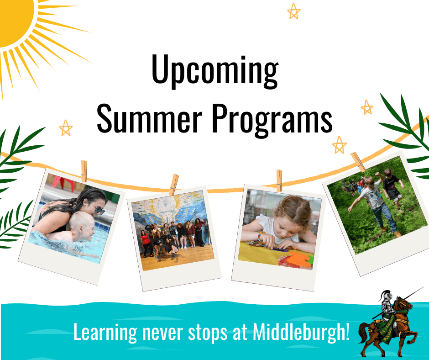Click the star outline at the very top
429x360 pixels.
[x=294, y=11]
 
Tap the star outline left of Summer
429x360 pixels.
[x=66, y=128]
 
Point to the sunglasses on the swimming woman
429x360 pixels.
[x=98, y=210]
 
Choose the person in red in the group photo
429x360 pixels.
[x=145, y=238]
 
